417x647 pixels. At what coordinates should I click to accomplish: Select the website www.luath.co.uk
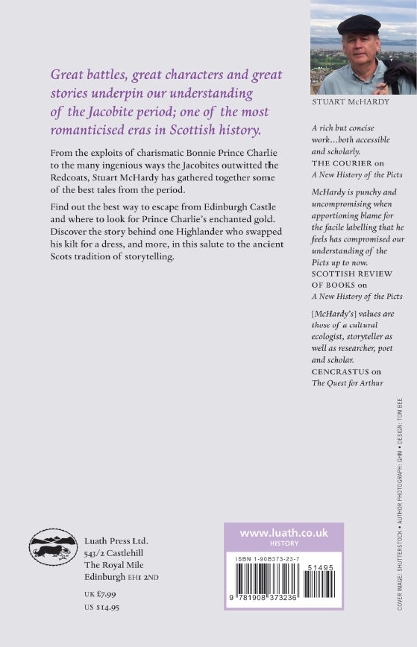[x=283, y=534]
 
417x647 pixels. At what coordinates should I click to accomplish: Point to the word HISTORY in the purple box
[x=283, y=544]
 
